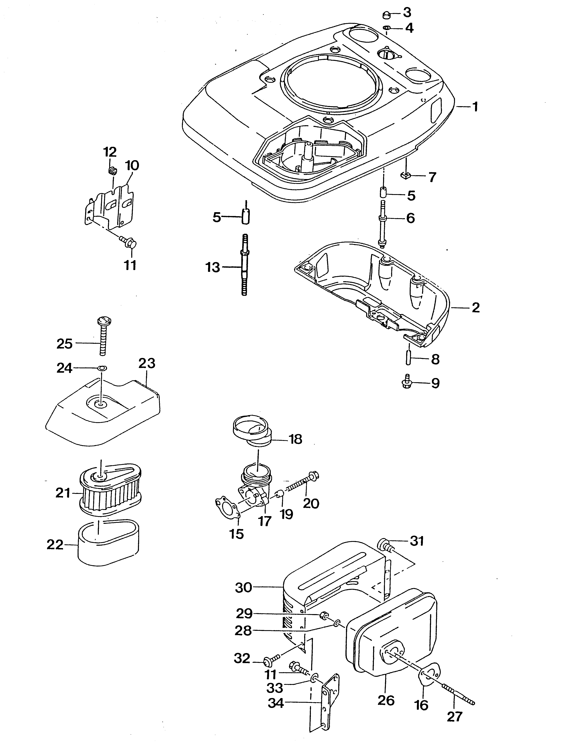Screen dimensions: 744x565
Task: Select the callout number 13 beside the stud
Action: point(213,268)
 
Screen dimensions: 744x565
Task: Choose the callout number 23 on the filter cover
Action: point(147,364)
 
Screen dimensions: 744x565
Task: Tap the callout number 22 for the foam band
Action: point(55,545)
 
